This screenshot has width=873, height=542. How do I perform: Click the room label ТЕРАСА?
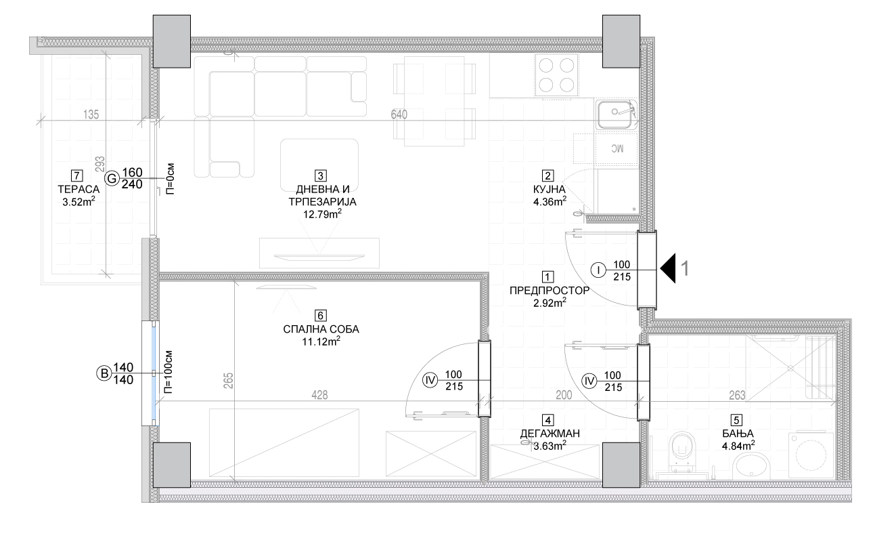click(79, 189)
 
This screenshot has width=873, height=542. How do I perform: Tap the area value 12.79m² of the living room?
click(322, 213)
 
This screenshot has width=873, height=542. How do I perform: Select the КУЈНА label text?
click(549, 189)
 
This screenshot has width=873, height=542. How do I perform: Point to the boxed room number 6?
click(320, 315)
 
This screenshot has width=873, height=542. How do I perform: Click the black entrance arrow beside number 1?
click(668, 268)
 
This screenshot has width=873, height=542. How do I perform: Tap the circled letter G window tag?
click(112, 179)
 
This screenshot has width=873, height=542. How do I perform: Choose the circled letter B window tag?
click(104, 373)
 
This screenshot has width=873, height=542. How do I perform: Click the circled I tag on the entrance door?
click(598, 270)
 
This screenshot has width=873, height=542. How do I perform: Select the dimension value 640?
click(399, 114)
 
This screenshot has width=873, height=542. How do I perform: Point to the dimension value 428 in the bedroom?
click(319, 395)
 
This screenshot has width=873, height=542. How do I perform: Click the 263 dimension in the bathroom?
click(737, 396)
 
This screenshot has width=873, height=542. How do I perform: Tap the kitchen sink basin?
click(615, 114)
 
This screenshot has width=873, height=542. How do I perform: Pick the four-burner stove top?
click(556, 75)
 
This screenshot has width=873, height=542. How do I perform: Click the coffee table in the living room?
click(319, 164)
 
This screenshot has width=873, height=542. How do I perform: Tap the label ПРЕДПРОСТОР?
click(549, 291)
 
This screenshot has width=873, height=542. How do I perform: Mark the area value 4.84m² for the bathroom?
click(738, 445)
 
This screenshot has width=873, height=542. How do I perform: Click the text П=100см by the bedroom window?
click(168, 372)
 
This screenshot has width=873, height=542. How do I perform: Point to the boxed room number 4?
click(548, 420)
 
